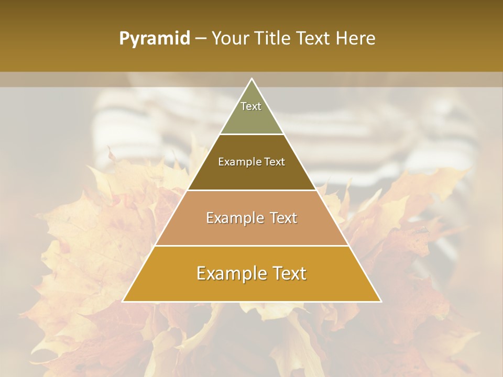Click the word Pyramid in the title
(x=154, y=39)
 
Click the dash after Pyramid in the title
(x=201, y=39)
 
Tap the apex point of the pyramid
(x=251, y=79)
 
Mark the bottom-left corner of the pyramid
(x=123, y=301)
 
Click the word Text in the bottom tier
(x=288, y=274)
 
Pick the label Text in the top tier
(x=251, y=106)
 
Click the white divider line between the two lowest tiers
(x=251, y=246)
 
